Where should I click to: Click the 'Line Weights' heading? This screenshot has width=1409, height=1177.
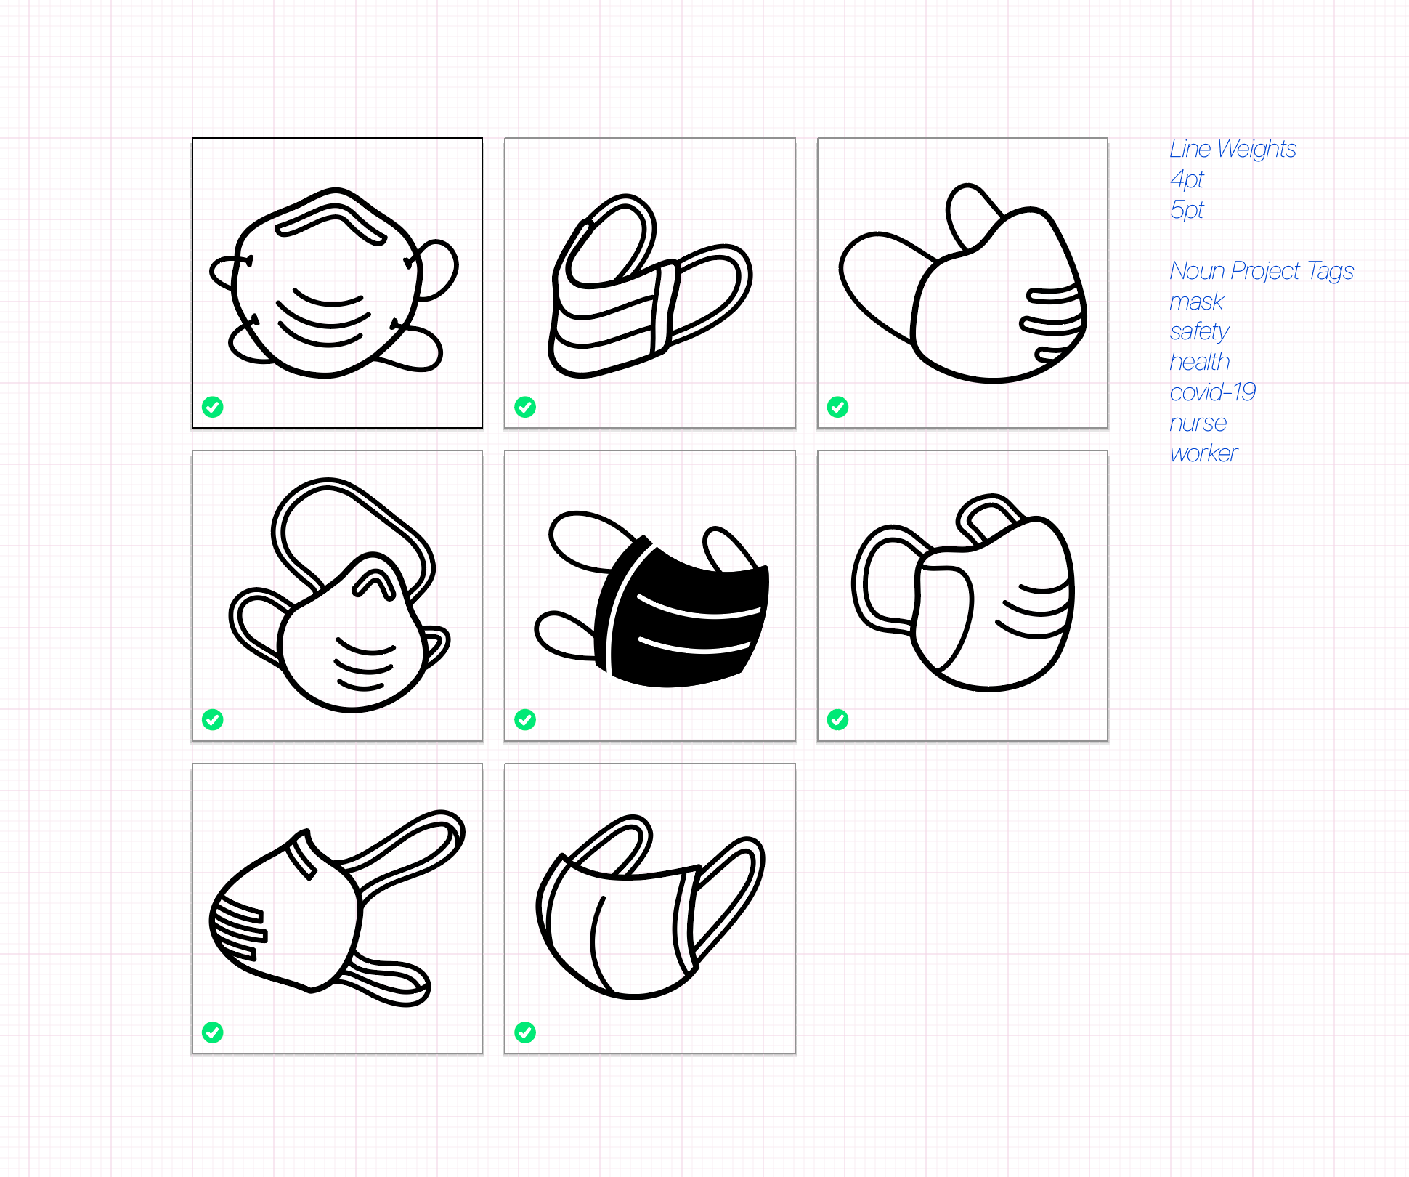click(x=1233, y=149)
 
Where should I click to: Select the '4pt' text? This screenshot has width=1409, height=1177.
click(x=1187, y=179)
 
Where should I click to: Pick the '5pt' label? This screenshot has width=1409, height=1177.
click(x=1187, y=210)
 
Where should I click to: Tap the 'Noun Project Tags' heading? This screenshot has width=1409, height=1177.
click(x=1262, y=271)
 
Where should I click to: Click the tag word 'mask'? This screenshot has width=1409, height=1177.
click(x=1197, y=301)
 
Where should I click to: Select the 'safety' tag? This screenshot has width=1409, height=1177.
click(x=1199, y=332)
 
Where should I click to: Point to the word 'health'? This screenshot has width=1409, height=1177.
click(x=1200, y=362)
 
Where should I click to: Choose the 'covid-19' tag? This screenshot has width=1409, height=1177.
click(x=1213, y=392)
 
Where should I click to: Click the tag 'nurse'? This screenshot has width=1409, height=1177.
click(x=1198, y=423)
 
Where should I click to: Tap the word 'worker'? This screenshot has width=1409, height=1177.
click(x=1203, y=453)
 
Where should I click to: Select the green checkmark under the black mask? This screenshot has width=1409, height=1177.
click(x=525, y=720)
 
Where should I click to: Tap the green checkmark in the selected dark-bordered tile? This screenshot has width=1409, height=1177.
click(x=213, y=407)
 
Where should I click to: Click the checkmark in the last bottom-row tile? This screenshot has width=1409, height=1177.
click(x=525, y=1032)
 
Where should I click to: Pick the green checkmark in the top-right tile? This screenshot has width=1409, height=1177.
click(x=837, y=407)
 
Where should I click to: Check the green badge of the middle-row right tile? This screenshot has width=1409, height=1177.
click(x=837, y=720)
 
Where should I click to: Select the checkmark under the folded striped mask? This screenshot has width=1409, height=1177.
click(x=525, y=407)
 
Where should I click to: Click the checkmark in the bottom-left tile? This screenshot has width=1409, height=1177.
click(x=213, y=1032)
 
